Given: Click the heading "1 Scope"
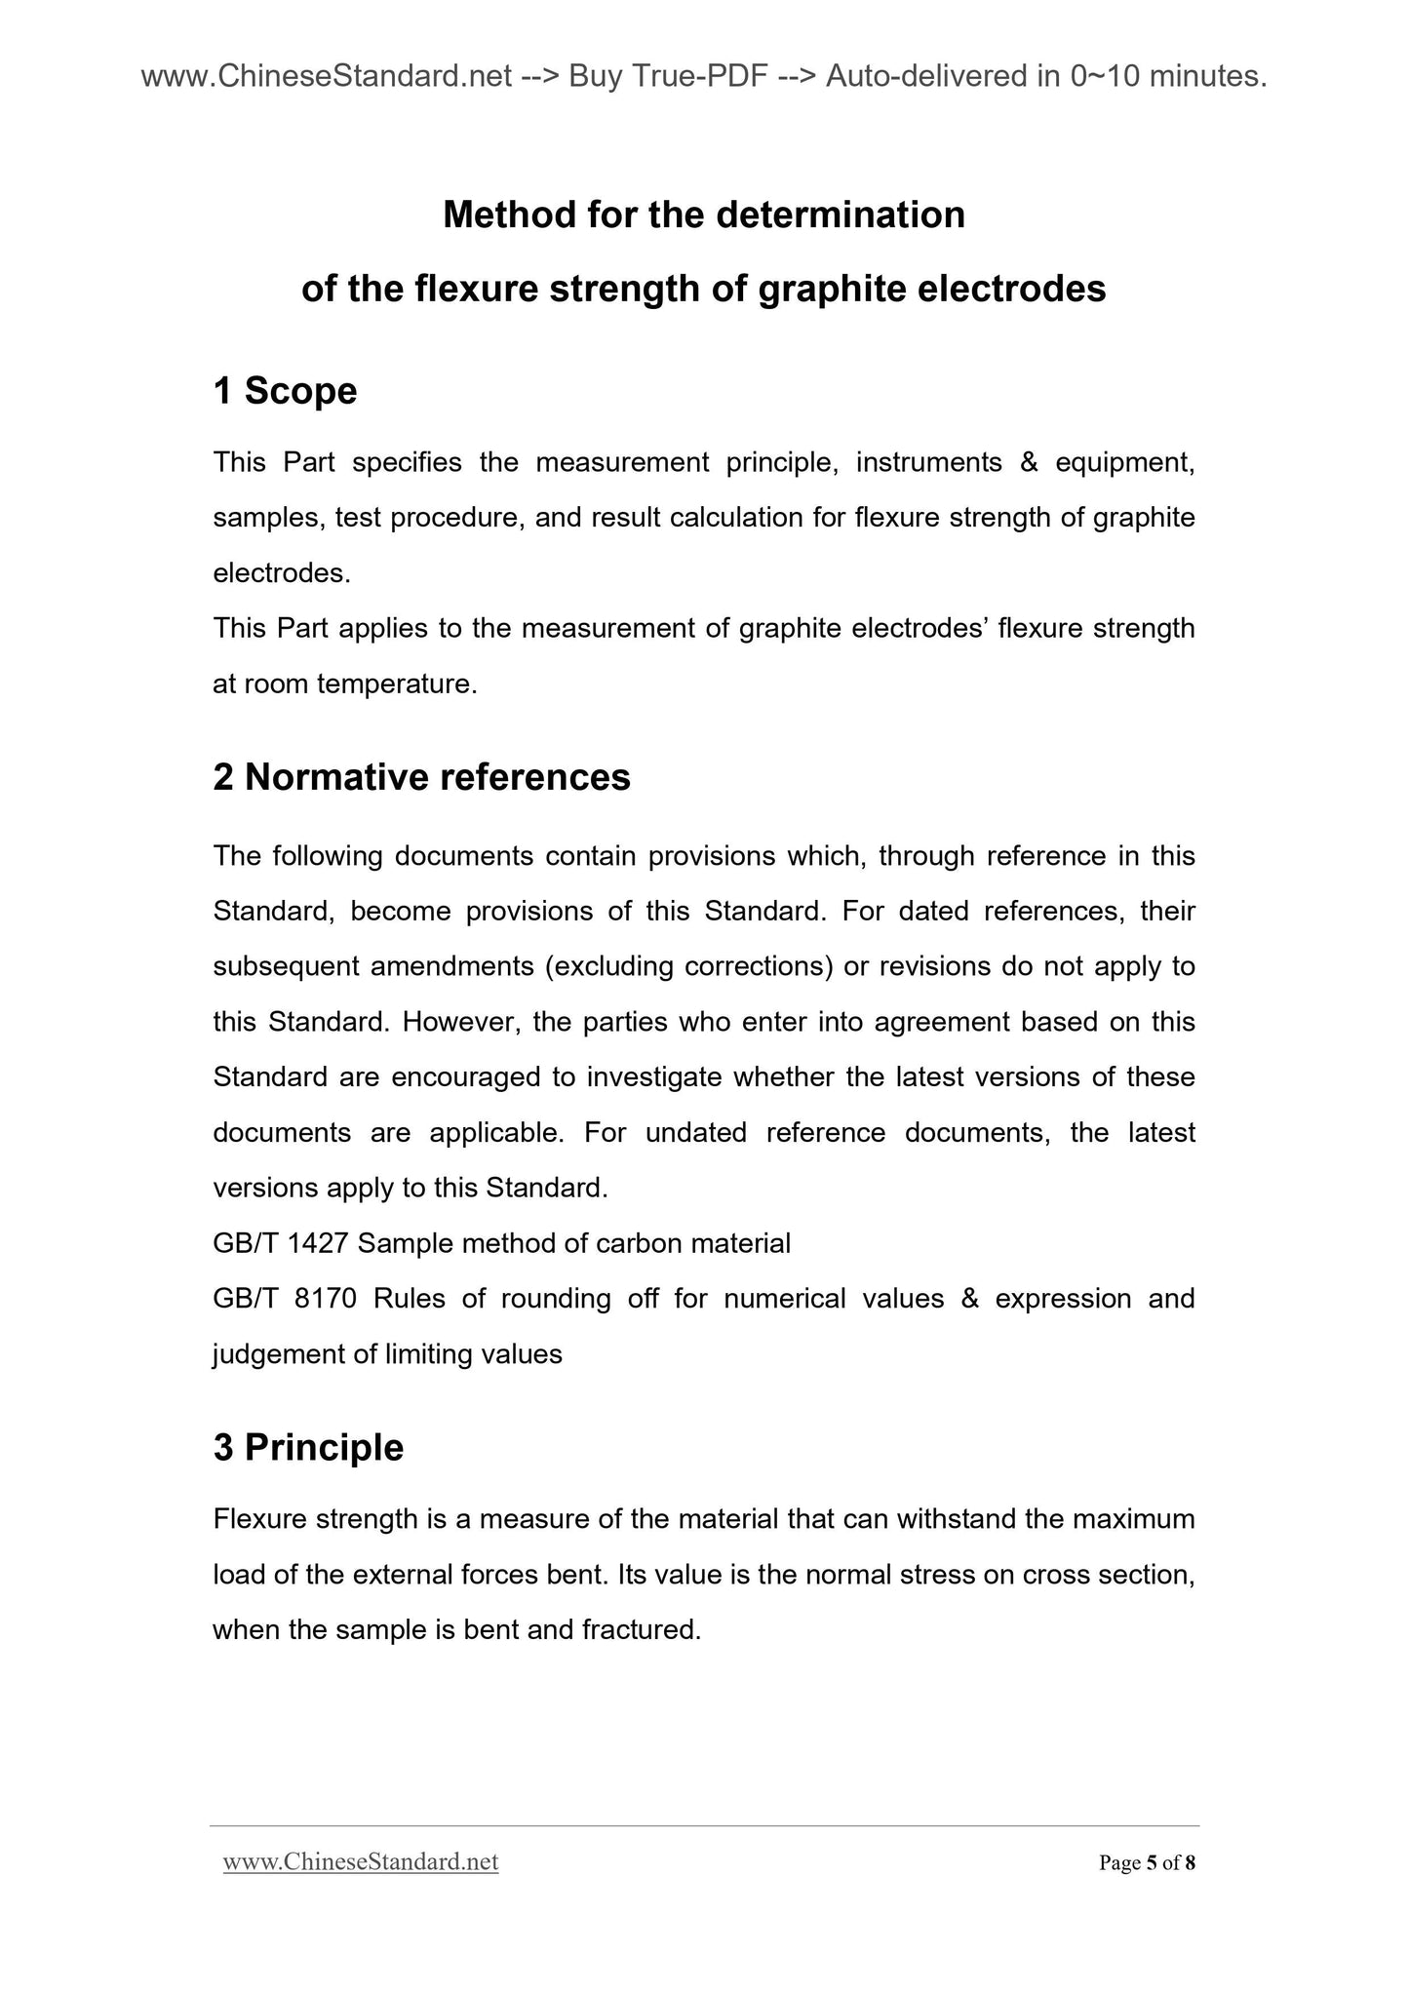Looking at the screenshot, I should click(x=285, y=392).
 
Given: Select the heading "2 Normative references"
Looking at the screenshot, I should click(x=421, y=777).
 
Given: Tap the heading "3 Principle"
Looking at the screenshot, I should click(x=308, y=1447).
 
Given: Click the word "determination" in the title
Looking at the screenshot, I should click(x=841, y=215).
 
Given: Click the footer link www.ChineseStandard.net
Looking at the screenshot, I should click(x=361, y=1862).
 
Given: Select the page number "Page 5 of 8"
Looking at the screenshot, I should click(x=1147, y=1863).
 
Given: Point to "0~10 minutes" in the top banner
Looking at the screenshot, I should click(x=1168, y=76).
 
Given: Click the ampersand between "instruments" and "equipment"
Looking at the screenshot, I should click(x=1029, y=462).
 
